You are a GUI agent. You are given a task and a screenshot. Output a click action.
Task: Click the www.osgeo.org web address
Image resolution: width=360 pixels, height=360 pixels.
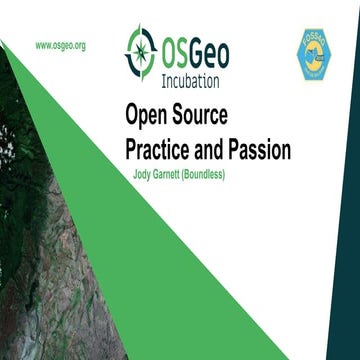tap(60, 45)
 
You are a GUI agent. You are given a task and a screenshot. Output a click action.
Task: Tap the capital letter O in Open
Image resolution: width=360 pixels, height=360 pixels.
tap(130, 115)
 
